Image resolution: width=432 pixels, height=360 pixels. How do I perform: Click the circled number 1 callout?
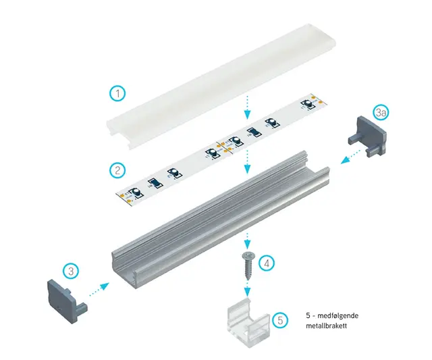click(117, 93)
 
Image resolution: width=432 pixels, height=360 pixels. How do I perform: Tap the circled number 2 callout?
click(117, 170)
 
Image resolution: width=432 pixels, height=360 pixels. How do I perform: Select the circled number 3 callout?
click(71, 271)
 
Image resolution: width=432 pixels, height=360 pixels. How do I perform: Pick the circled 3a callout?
click(381, 113)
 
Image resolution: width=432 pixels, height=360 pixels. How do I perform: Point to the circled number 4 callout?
click(267, 263)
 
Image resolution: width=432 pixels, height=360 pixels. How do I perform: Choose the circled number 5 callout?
click(280, 320)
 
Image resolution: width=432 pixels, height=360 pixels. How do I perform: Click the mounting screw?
click(247, 265)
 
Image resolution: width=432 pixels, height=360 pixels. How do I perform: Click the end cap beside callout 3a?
click(367, 135)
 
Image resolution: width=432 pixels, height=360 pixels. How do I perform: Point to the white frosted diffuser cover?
click(221, 86)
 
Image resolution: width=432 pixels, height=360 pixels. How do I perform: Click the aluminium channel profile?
click(221, 220)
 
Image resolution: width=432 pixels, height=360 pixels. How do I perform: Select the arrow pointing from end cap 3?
click(99, 289)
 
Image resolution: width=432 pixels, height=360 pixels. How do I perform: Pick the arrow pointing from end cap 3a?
click(351, 156)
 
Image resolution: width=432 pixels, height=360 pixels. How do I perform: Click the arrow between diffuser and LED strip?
click(248, 107)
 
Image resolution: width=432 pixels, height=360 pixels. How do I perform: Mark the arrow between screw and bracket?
click(248, 288)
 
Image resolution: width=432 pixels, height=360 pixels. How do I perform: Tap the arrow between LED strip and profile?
click(248, 161)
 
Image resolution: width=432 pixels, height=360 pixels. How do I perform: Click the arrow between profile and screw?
click(248, 240)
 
